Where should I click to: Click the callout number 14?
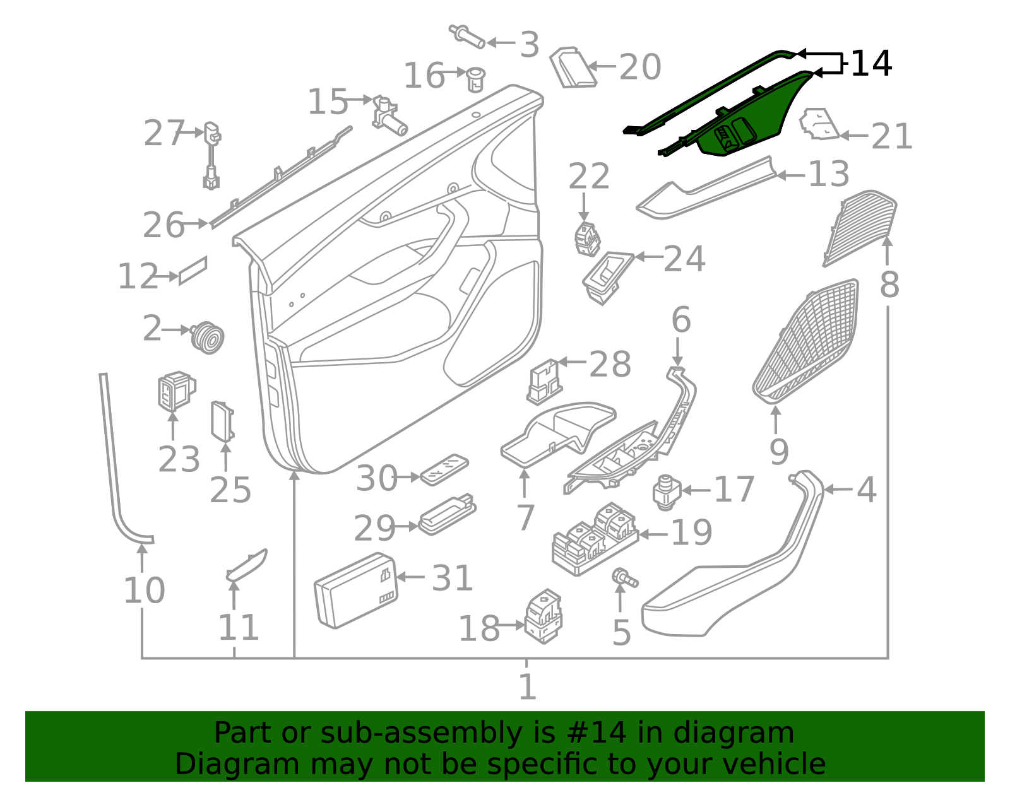click(871, 64)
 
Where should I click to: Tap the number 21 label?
click(891, 136)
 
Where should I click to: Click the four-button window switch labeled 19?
click(595, 538)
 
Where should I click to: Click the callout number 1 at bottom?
click(527, 687)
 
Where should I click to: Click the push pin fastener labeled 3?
click(467, 36)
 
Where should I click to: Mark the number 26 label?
click(163, 225)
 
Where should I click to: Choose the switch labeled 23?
click(176, 391)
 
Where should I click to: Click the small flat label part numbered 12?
click(193, 271)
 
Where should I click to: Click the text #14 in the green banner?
click(597, 733)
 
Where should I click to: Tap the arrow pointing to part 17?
click(696, 490)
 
